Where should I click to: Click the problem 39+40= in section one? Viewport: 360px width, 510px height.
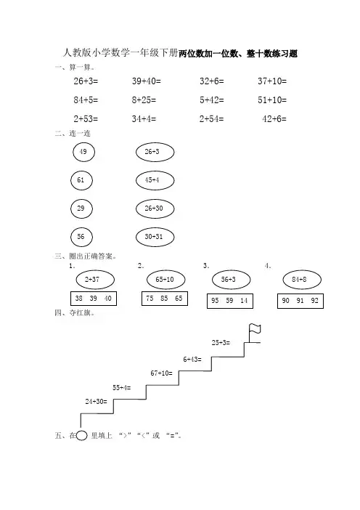pyautogui.click(x=146, y=81)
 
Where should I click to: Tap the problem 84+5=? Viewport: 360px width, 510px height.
pyautogui.click(x=86, y=100)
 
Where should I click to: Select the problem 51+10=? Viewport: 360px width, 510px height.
pyautogui.click(x=272, y=100)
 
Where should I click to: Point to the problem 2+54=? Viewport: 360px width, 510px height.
pyautogui.click(x=211, y=118)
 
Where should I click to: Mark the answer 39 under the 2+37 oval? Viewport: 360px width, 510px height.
pyautogui.click(x=93, y=299)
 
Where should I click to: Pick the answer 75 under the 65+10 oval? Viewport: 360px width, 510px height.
pyautogui.click(x=150, y=299)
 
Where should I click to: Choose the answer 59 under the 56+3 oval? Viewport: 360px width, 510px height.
pyautogui.click(x=229, y=301)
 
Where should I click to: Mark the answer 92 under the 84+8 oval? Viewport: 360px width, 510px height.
pyautogui.click(x=314, y=301)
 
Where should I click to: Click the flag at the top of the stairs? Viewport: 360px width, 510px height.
pyautogui.click(x=255, y=329)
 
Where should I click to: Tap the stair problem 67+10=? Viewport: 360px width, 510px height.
pyautogui.click(x=161, y=373)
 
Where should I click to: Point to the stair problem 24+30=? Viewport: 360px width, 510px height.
pyautogui.click(x=97, y=402)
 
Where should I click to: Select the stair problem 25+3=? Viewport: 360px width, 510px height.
pyautogui.click(x=221, y=342)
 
